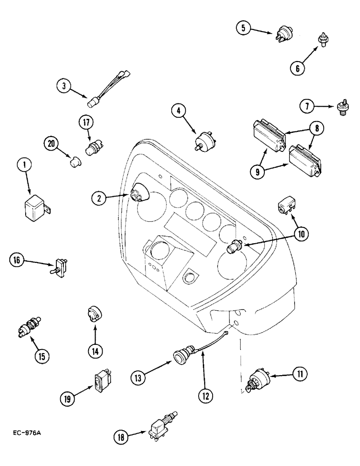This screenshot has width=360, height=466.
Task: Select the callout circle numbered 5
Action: (x=242, y=28)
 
